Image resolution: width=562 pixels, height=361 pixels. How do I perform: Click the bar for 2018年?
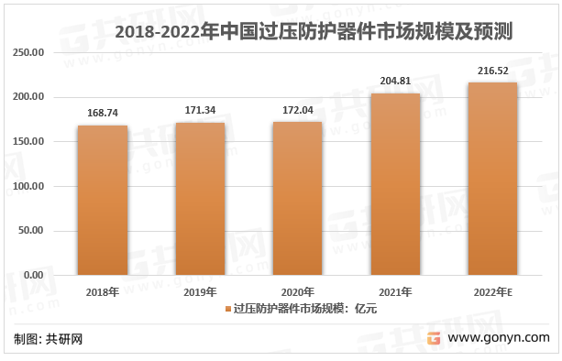click(103, 200)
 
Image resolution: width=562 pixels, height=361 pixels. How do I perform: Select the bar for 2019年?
click(200, 199)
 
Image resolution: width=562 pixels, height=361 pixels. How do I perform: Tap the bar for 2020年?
click(297, 198)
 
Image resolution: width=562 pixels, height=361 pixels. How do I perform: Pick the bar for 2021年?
click(395, 184)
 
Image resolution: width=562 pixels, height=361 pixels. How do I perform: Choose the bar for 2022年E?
click(492, 179)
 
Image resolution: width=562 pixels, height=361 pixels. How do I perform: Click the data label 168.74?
click(103, 114)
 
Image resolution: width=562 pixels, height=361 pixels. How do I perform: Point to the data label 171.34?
click(200, 111)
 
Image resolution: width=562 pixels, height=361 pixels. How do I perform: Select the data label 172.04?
click(297, 110)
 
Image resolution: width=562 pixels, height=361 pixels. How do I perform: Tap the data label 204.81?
click(395, 82)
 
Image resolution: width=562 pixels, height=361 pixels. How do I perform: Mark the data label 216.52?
click(492, 71)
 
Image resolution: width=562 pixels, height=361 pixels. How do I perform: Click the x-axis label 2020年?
click(297, 291)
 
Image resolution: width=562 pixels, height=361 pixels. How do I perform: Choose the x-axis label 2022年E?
click(492, 291)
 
